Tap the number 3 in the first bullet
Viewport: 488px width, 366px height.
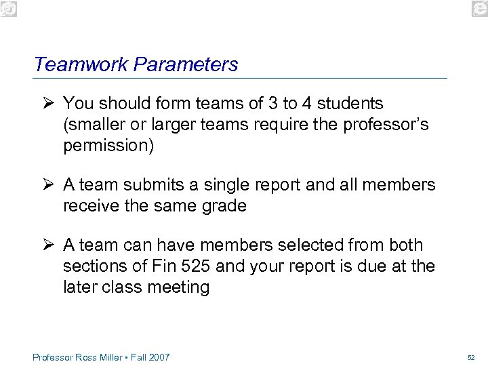[272, 104]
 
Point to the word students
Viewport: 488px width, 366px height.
[350, 104]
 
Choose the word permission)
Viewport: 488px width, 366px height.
[108, 146]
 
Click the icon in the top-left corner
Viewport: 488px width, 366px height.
[8, 8]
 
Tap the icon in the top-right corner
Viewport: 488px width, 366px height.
[479, 8]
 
